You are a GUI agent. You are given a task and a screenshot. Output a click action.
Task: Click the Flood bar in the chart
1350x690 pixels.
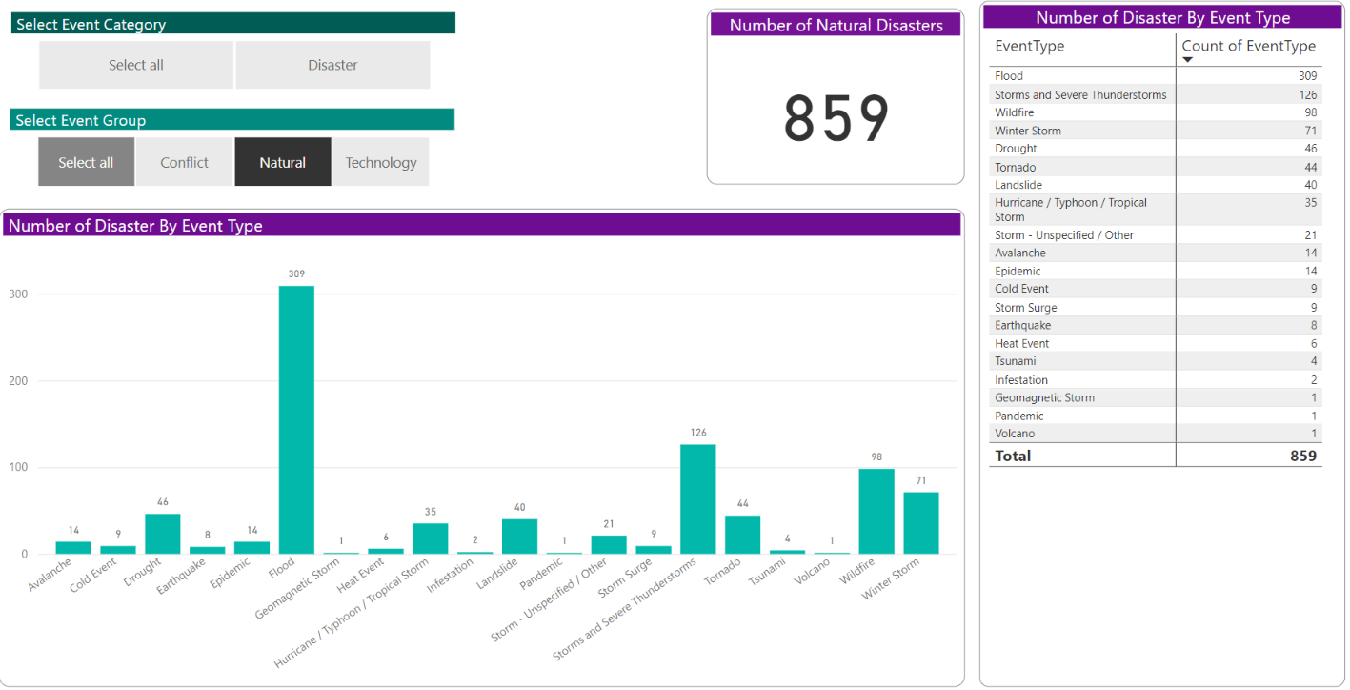pos(296,419)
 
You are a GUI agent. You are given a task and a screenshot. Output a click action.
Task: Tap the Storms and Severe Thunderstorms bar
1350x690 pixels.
pos(697,498)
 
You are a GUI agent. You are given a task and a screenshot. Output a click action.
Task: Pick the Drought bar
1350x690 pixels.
pos(162,534)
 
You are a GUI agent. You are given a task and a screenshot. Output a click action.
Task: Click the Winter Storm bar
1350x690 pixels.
pos(921,522)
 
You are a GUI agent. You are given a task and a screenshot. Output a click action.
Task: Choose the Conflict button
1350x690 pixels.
pos(184,163)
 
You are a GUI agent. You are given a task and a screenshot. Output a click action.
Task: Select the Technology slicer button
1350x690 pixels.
pos(381,163)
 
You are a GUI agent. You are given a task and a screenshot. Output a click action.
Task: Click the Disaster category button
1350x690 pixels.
pos(332,66)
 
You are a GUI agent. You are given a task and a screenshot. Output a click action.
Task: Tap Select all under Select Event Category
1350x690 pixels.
pos(136,66)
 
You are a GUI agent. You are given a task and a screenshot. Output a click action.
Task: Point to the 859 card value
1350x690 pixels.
pos(836,119)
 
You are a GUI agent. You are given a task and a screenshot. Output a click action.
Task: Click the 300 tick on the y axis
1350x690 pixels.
pos(18,294)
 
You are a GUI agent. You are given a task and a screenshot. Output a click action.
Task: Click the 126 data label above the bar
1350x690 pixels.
pos(698,433)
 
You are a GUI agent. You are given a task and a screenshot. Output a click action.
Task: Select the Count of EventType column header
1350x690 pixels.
pos(1248,46)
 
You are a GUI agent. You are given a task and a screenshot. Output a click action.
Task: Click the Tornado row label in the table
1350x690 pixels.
pos(1016,167)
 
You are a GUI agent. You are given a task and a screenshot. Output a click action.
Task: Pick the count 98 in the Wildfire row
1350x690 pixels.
pos(1310,112)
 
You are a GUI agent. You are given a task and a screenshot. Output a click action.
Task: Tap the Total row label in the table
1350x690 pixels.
pos(1013,456)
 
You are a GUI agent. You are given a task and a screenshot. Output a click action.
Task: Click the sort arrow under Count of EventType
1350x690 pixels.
pos(1188,60)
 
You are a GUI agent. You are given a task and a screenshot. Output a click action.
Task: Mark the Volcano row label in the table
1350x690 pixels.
pos(1015,434)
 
